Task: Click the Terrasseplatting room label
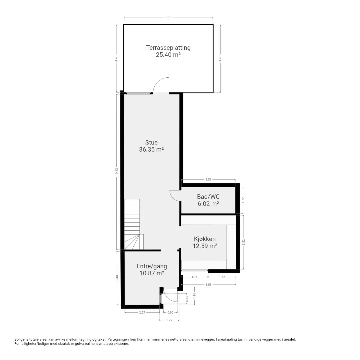point(168,48)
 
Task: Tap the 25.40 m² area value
point(168,55)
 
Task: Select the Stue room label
point(151,142)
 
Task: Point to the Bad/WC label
point(208,197)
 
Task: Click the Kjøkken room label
point(205,239)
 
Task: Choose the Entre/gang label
point(152,266)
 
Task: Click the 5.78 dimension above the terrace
point(168,17)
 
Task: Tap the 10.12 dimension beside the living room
point(116,172)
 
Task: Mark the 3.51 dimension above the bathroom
point(208,179)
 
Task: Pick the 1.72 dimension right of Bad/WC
point(243,200)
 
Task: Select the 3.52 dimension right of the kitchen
point(244,242)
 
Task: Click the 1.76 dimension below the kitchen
point(194,277)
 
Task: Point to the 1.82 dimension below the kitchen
point(222,277)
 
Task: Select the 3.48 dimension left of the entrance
point(117,278)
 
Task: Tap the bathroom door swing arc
point(173,197)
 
